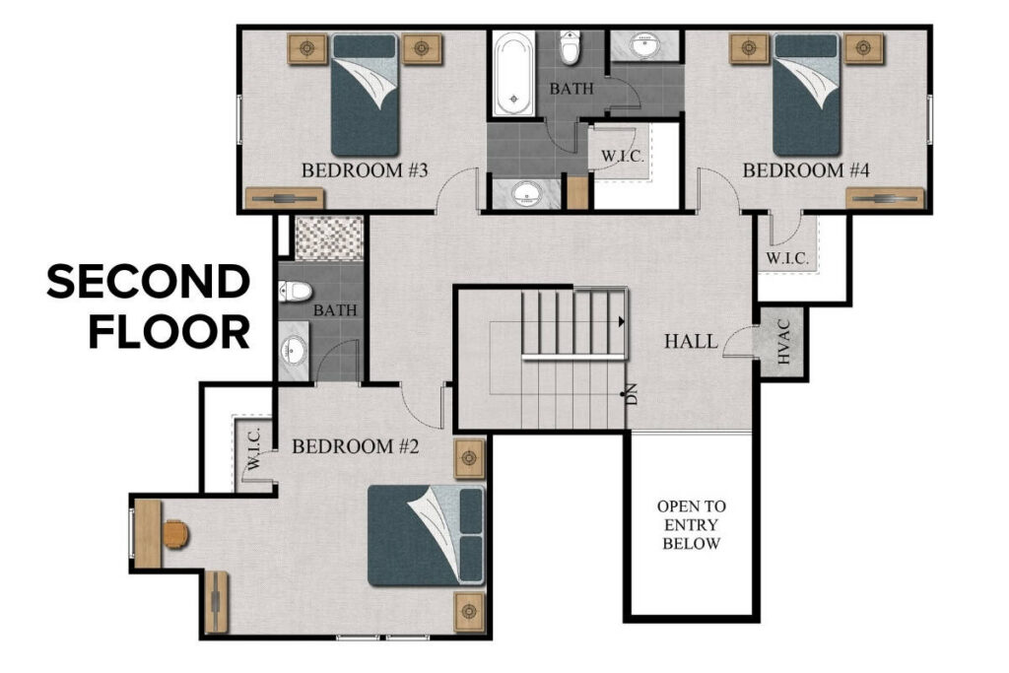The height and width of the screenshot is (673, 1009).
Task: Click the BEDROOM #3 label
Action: click(364, 170)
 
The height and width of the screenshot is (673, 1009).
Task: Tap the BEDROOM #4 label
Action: click(806, 170)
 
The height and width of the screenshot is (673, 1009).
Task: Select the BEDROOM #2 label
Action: click(356, 446)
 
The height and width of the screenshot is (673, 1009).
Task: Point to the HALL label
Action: click(691, 342)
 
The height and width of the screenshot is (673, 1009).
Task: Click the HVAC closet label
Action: click(784, 346)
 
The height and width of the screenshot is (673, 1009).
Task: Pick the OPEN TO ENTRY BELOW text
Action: click(692, 524)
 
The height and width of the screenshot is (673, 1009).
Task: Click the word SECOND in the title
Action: click(149, 284)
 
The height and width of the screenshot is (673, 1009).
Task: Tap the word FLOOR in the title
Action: click(169, 332)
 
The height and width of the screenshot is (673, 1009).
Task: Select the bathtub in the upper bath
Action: click(513, 74)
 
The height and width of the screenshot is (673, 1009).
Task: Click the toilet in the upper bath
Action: click(571, 46)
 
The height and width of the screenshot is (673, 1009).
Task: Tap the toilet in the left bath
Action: click(294, 290)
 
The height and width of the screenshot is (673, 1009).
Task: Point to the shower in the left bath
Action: click(328, 237)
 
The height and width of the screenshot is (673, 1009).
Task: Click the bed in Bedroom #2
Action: click(427, 535)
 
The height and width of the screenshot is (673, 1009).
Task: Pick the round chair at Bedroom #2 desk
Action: click(174, 534)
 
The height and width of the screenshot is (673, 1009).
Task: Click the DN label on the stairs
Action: click(632, 395)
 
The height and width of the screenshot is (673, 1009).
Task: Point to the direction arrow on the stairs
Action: click(622, 321)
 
